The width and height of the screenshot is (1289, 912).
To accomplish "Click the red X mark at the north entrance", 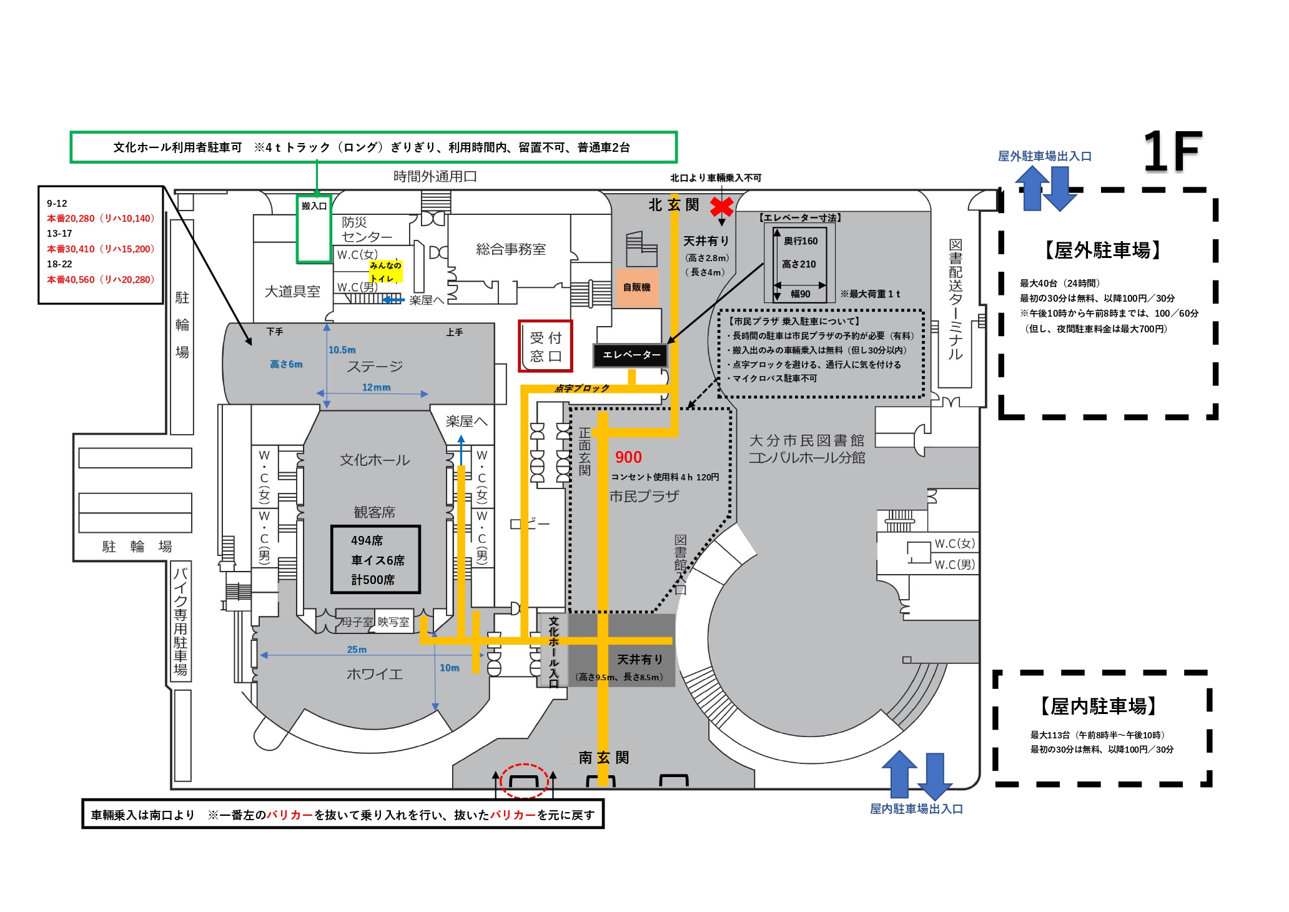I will (722, 206).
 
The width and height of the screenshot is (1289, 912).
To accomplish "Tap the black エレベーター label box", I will (631, 355).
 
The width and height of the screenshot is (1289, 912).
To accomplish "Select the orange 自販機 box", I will (637, 287).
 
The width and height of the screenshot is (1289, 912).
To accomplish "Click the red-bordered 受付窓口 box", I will (545, 347).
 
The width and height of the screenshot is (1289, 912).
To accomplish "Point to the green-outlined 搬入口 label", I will (314, 206).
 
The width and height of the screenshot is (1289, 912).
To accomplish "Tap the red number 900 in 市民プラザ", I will (628, 457).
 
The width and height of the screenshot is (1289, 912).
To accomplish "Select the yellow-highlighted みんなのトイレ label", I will (385, 272).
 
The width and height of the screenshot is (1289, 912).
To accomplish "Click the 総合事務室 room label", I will (511, 249).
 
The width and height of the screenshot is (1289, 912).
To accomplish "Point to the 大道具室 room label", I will (292, 291).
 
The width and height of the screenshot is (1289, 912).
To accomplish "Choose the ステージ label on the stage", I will (375, 366).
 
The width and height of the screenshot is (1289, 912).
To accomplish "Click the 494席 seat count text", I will (367, 540).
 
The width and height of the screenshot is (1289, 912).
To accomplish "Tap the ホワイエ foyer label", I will (375, 674).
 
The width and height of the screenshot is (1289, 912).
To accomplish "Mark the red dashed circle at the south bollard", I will (525, 781).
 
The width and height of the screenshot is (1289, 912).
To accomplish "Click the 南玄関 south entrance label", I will (603, 758).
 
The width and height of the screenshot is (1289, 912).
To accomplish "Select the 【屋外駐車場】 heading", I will (1102, 250).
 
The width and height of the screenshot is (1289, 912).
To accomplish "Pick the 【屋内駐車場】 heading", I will (1099, 706).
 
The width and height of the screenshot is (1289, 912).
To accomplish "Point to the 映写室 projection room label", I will (393, 622).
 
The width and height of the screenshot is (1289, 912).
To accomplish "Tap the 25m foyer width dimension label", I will (357, 650).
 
